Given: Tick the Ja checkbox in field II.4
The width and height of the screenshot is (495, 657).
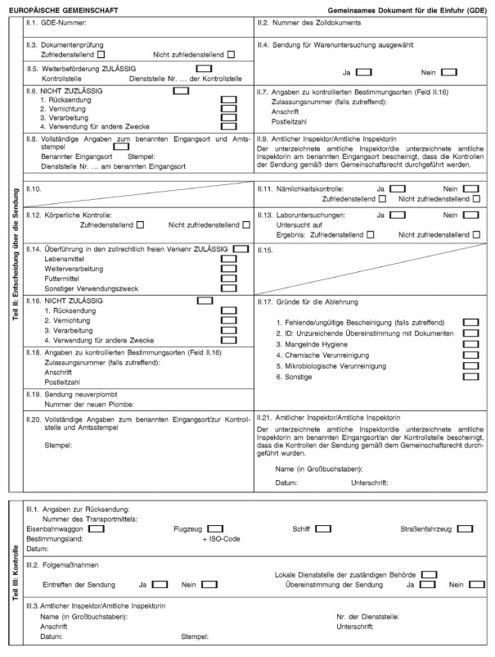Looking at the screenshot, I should [365, 73].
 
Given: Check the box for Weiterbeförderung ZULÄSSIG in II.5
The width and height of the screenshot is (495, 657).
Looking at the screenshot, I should [205, 68].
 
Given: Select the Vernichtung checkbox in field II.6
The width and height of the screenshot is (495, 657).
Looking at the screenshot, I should [229, 108].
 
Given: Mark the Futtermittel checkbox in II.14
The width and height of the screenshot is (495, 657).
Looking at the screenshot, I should [229, 278].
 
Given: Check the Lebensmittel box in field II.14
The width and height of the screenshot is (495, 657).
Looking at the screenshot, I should [229, 258].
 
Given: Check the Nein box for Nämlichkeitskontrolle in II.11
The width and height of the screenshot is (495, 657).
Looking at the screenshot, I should [470, 188].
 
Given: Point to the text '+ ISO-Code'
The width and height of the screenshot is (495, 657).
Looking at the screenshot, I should [221, 539].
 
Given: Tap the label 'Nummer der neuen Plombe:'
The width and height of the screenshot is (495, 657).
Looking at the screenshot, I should [89, 404].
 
